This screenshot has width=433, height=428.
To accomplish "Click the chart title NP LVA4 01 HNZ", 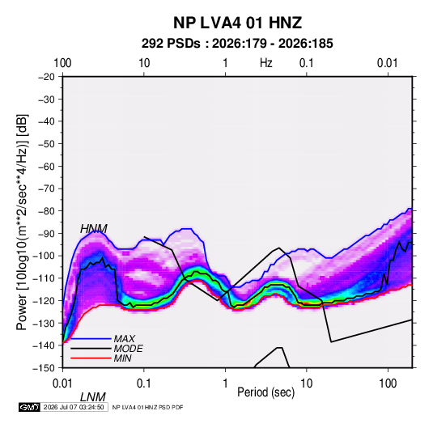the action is pyautogui.click(x=237, y=23).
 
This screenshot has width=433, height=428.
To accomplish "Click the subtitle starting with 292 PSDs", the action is pyautogui.click(x=237, y=44).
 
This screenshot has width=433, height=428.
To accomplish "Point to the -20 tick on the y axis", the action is pyautogui.click(x=46, y=77).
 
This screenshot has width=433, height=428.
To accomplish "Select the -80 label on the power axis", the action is pyautogui.click(x=46, y=211).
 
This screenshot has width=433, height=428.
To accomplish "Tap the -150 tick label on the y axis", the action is pyautogui.click(x=44, y=368).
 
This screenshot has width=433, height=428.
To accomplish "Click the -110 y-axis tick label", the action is pyautogui.click(x=44, y=278).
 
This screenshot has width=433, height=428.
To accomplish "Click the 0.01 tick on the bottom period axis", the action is pyautogui.click(x=63, y=384).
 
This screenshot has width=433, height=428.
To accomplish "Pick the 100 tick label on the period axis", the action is pyautogui.click(x=388, y=384).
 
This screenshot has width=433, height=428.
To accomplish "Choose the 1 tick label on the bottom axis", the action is pyautogui.click(x=225, y=384).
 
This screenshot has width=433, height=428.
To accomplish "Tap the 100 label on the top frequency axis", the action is pyautogui.click(x=62, y=63).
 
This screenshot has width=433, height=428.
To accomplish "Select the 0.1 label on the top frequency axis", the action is pyautogui.click(x=307, y=63).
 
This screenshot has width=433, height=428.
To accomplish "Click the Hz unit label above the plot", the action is pyautogui.click(x=266, y=63).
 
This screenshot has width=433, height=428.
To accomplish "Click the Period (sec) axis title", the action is pyautogui.click(x=266, y=392).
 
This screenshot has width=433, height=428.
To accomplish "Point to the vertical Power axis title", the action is pyautogui.click(x=22, y=222).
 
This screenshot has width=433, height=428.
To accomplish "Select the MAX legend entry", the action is pyautogui.click(x=125, y=338).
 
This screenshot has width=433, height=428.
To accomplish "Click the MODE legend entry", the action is pyautogui.click(x=128, y=349).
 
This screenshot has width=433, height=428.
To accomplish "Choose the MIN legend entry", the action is pyautogui.click(x=122, y=358).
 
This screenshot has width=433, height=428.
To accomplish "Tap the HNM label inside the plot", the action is pyautogui.click(x=94, y=229).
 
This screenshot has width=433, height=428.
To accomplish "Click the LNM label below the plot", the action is pyautogui.click(x=93, y=397).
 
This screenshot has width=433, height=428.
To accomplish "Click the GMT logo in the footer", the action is pyautogui.click(x=29, y=407).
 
